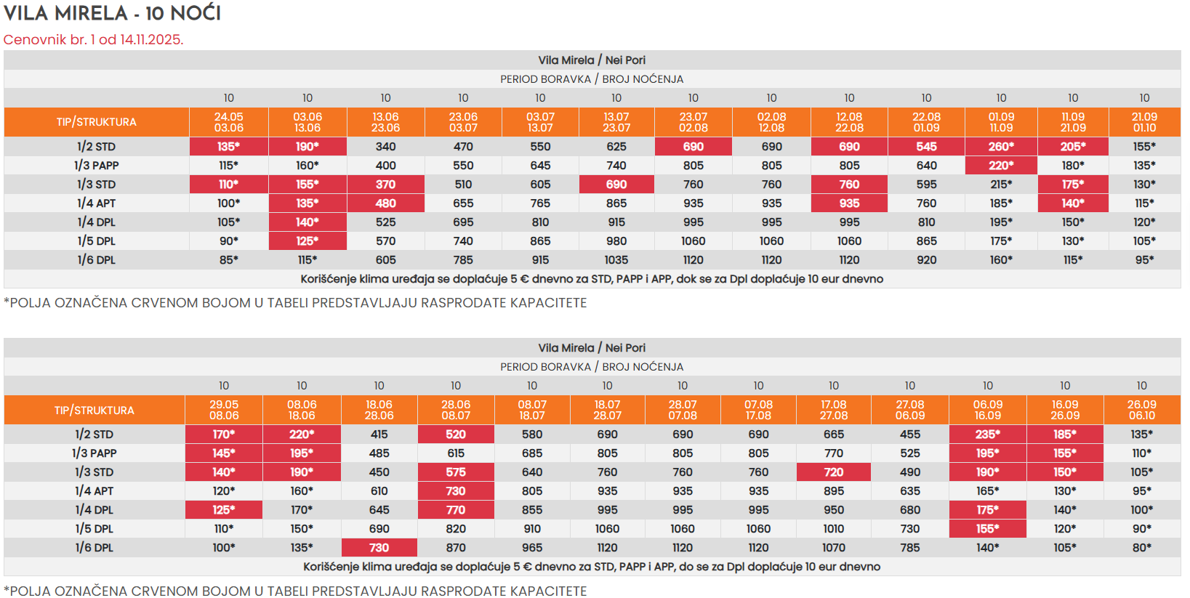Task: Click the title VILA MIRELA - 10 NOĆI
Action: coord(112,13)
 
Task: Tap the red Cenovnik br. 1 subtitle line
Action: coord(93,39)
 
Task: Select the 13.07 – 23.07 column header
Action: coord(616,122)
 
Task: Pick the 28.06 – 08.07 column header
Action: coord(456,410)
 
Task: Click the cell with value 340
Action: coord(385,147)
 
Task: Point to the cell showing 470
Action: coord(463,147)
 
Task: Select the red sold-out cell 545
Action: coord(926,147)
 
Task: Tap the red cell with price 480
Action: coord(385,203)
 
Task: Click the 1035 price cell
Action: coord(616,260)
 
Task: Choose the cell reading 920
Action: coord(926,260)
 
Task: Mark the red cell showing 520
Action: coord(456,435)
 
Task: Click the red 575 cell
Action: coord(456,472)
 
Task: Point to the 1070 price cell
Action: coord(834,548)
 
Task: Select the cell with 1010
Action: coord(834,529)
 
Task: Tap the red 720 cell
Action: coord(834,472)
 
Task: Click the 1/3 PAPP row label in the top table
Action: coord(96,166)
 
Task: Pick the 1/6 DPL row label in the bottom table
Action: coord(95,548)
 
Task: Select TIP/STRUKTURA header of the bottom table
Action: coord(95,411)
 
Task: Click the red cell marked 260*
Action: coord(1001,147)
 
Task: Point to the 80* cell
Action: coord(1141,548)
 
